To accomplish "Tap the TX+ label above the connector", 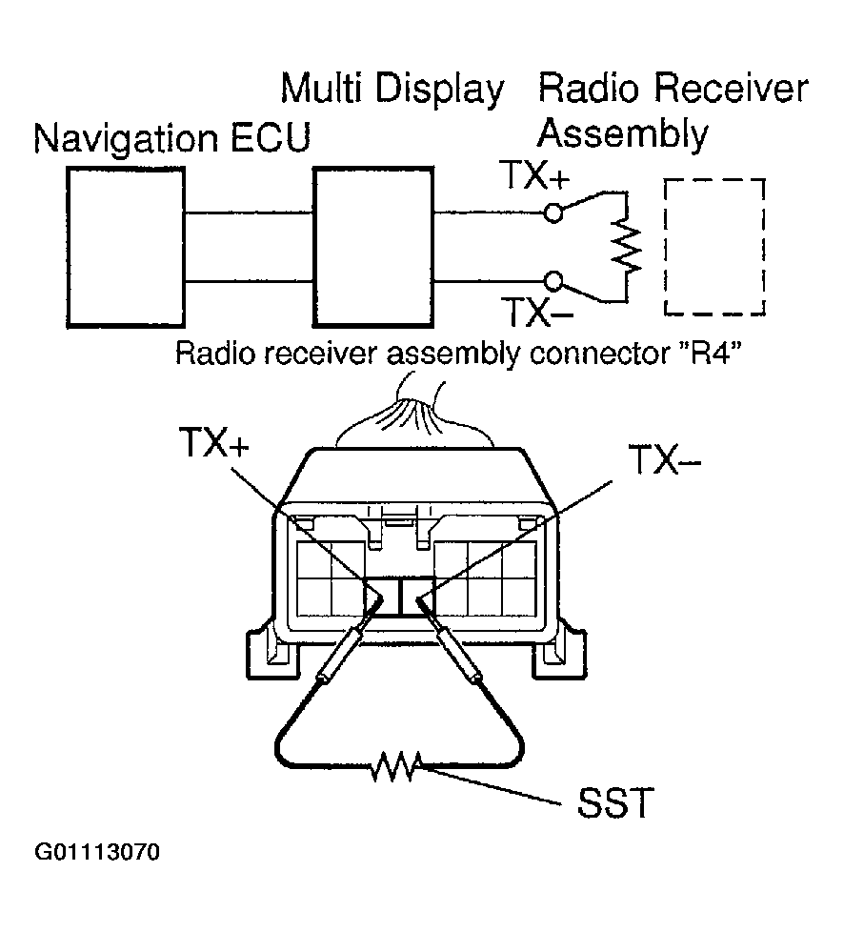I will point(211,443).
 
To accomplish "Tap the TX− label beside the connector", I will point(665,461).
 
